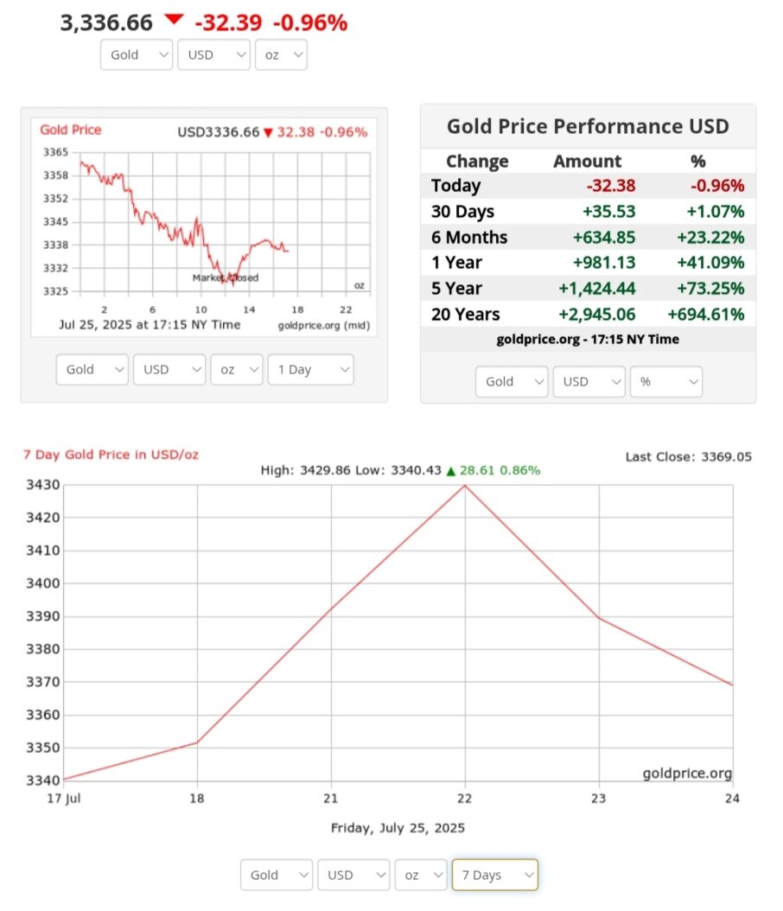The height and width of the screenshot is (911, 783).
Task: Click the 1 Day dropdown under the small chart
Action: click(310, 370)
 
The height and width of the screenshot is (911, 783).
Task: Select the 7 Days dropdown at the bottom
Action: click(494, 875)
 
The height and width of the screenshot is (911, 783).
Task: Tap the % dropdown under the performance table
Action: click(665, 381)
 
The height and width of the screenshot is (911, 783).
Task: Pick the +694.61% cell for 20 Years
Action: click(705, 315)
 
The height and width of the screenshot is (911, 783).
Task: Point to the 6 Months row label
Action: click(469, 237)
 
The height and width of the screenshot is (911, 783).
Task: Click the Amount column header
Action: click(587, 162)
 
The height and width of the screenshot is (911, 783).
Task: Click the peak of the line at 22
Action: click(466, 485)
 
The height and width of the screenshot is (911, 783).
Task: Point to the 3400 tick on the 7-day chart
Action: click(44, 583)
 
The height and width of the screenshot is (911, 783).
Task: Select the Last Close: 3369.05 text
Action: click(688, 456)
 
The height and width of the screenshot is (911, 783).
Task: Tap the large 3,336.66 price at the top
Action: click(106, 22)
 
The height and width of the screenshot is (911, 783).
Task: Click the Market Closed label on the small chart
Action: click(225, 277)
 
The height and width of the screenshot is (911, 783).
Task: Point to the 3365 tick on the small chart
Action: click(54, 152)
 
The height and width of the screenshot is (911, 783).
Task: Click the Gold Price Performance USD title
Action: click(588, 127)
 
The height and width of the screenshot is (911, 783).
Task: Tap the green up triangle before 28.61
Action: click(450, 471)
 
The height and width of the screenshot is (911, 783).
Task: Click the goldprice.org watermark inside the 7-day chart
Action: click(687, 773)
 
